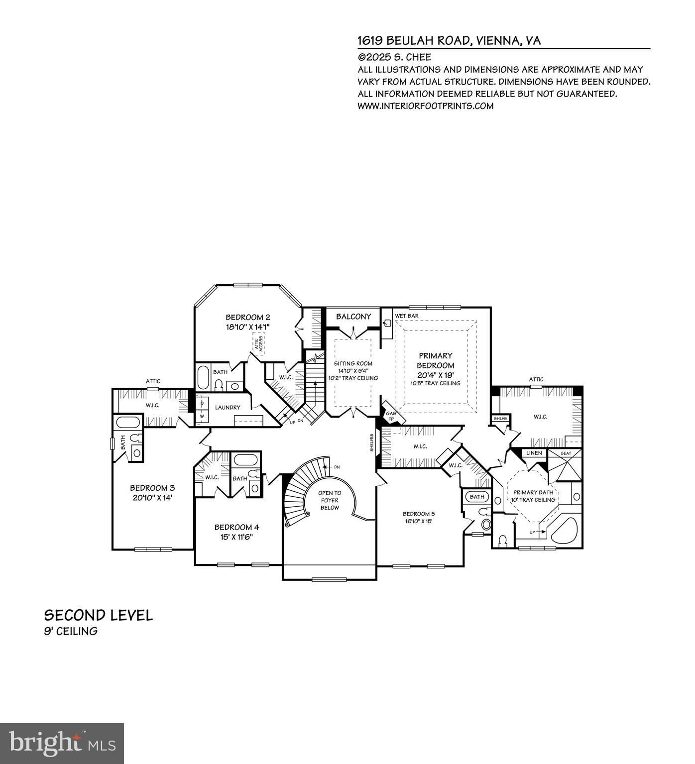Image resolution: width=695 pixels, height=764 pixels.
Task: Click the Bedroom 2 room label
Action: tap(247, 318)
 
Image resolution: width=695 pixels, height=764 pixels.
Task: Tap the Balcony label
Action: tap(353, 317)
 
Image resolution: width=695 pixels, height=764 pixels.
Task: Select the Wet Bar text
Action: tap(407, 316)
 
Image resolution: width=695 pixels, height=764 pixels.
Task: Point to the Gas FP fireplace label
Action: tap(391, 416)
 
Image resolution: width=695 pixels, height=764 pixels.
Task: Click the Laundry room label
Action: tap(228, 407)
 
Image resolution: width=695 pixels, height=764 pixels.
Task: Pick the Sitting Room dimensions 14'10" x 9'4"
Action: tap(353, 371)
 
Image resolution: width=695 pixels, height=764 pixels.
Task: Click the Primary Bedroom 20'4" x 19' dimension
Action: tap(436, 374)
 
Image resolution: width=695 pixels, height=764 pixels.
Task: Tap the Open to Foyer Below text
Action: tap(330, 500)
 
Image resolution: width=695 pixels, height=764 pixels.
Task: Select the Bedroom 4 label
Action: tap(236, 528)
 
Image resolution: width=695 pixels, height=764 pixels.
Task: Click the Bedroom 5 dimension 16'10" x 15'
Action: tap(419, 522)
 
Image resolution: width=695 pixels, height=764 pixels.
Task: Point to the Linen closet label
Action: tap(534, 453)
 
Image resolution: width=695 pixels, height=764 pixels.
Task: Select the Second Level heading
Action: tap(99, 615)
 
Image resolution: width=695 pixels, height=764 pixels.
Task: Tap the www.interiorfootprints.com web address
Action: tap(426, 106)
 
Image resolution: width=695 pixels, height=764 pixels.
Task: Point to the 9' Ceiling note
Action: tap(71, 631)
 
